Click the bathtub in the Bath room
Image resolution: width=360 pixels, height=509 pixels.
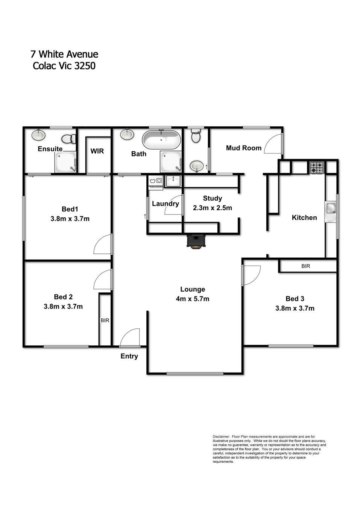tap(161, 139)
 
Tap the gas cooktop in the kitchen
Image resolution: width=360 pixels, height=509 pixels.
tap(317, 167)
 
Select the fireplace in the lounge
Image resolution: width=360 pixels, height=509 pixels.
tap(196, 241)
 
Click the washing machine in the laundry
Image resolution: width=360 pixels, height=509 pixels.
tap(155, 182)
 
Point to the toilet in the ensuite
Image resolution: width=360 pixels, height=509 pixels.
tap(69, 138)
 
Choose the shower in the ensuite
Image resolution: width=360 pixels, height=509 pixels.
tap(65, 162)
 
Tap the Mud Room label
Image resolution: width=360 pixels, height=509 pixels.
tap(244, 148)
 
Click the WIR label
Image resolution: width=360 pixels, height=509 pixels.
tap(97, 151)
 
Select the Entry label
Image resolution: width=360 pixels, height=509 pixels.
tap(129, 356)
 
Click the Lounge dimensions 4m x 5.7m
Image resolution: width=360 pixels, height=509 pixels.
tap(193, 299)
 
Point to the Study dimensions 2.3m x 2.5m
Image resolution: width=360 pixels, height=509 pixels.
tap(213, 208)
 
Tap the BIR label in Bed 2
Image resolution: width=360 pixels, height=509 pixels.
tap(105, 321)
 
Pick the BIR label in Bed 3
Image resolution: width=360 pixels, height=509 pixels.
tap(306, 266)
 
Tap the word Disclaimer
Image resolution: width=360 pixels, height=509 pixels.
tap(221, 436)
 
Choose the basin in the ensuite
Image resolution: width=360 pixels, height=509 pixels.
tap(38, 135)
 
